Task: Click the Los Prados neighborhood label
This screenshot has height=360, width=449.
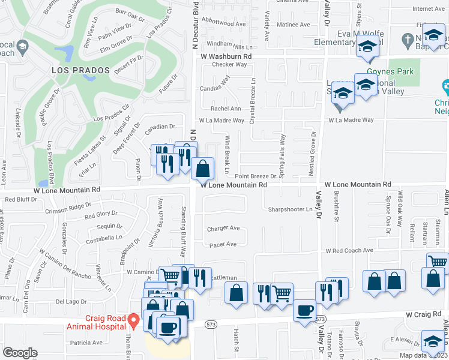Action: click(80, 70)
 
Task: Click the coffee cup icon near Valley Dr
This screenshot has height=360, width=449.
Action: click(305, 311)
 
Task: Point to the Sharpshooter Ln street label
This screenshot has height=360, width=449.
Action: click(291, 209)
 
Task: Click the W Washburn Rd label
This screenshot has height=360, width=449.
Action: click(225, 56)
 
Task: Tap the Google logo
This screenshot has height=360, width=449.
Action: click(20, 353)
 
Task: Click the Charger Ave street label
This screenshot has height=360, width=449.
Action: click(223, 229)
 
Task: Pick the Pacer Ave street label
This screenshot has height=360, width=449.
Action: click(222, 244)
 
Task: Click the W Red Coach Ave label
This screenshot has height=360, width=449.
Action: click(349, 250)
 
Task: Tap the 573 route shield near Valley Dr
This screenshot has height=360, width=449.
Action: click(321, 319)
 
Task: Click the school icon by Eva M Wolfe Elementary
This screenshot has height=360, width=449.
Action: click(367, 47)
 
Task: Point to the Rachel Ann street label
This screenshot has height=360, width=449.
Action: click(226, 109)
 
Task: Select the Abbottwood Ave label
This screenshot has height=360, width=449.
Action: click(224, 24)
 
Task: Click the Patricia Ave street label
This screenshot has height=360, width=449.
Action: click(86, 343)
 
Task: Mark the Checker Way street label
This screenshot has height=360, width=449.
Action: click(229, 64)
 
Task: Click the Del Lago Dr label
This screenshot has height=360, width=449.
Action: click(67, 302)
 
